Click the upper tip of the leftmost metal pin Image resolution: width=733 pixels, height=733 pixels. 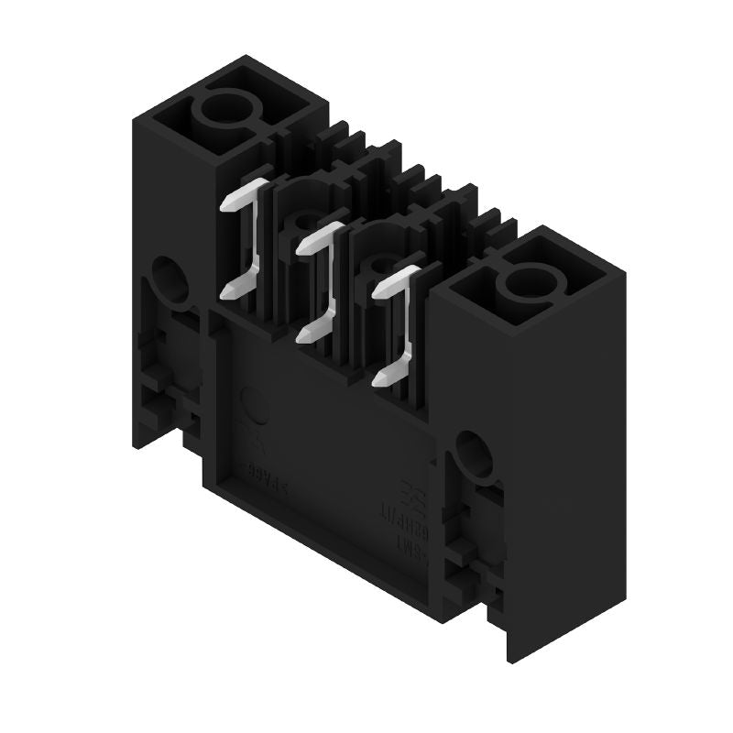226,203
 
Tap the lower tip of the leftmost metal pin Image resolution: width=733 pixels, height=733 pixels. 227,291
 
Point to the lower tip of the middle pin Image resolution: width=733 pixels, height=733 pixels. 303,336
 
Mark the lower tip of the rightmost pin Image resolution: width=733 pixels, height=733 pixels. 379,378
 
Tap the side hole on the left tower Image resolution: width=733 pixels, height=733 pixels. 168,279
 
